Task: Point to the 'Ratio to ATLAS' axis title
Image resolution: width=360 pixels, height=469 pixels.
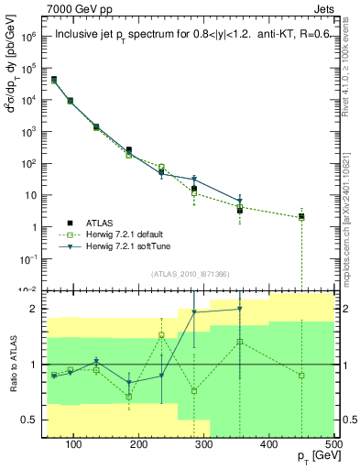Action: (12, 365)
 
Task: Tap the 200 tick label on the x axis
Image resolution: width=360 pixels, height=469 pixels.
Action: (139, 444)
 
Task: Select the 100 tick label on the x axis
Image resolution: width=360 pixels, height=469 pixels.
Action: (74, 444)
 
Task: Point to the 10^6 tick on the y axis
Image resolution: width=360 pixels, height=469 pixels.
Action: (29, 38)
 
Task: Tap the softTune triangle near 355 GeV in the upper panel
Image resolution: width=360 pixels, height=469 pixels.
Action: (240, 201)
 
